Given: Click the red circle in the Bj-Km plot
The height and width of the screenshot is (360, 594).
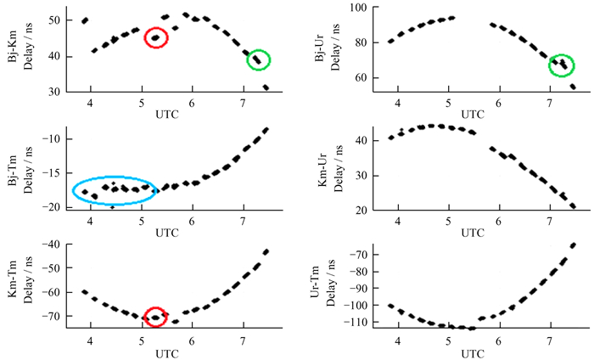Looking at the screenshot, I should pyautogui.click(x=156, y=38).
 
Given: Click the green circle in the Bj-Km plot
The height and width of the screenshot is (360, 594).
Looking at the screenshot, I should pyautogui.click(x=259, y=59).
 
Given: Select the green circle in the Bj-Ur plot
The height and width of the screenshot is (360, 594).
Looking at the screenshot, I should pyautogui.click(x=561, y=65).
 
